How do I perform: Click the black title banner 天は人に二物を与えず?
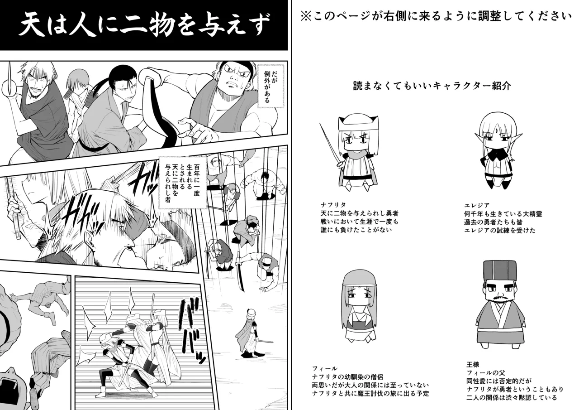click(x=144, y=25)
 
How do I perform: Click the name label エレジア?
click(x=477, y=205)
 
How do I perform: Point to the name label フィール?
click(x=325, y=368)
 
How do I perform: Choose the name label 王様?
click(x=473, y=364)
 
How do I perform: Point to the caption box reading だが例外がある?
click(x=270, y=86)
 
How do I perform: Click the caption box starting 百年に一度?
click(x=181, y=182)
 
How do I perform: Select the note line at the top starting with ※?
click(x=436, y=16)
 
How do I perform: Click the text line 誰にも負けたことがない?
click(x=355, y=230)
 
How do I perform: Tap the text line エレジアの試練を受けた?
click(x=499, y=230)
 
